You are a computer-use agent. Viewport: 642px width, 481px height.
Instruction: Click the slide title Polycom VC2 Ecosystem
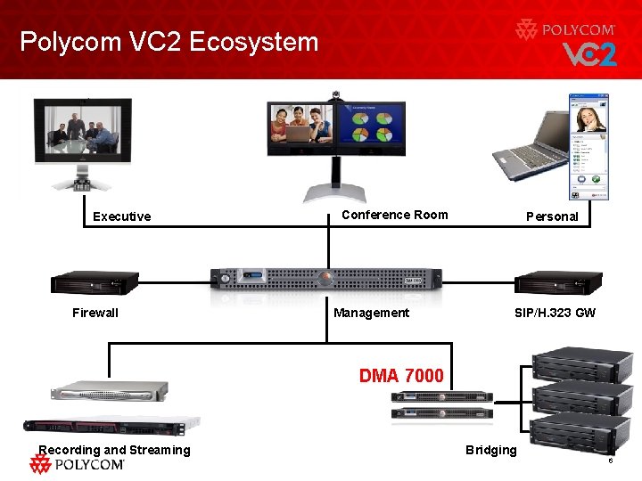pyautogui.click(x=169, y=42)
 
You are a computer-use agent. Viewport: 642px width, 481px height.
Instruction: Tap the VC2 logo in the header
pyautogui.click(x=588, y=55)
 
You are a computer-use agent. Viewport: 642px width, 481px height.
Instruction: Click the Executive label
pyautogui.click(x=122, y=216)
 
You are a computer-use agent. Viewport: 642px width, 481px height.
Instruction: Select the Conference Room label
pyautogui.click(x=394, y=215)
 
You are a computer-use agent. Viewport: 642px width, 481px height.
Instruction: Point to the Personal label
pyautogui.click(x=552, y=216)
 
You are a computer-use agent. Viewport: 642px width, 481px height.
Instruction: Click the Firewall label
pyautogui.click(x=95, y=313)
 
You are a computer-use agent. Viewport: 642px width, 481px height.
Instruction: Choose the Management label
pyautogui.click(x=371, y=313)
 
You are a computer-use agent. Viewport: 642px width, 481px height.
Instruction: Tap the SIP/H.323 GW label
pyautogui.click(x=555, y=313)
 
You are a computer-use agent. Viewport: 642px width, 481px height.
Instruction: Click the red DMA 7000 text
pyautogui.click(x=400, y=376)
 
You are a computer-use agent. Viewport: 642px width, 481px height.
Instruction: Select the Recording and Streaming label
pyautogui.click(x=114, y=450)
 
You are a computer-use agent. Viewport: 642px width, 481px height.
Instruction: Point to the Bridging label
pyautogui.click(x=490, y=450)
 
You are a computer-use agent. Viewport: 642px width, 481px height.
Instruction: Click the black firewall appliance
pyautogui.click(x=95, y=281)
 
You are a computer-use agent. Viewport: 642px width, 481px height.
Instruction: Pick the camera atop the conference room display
pyautogui.click(x=335, y=94)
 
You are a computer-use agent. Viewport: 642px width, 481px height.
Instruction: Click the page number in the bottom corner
pyautogui.click(x=610, y=461)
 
